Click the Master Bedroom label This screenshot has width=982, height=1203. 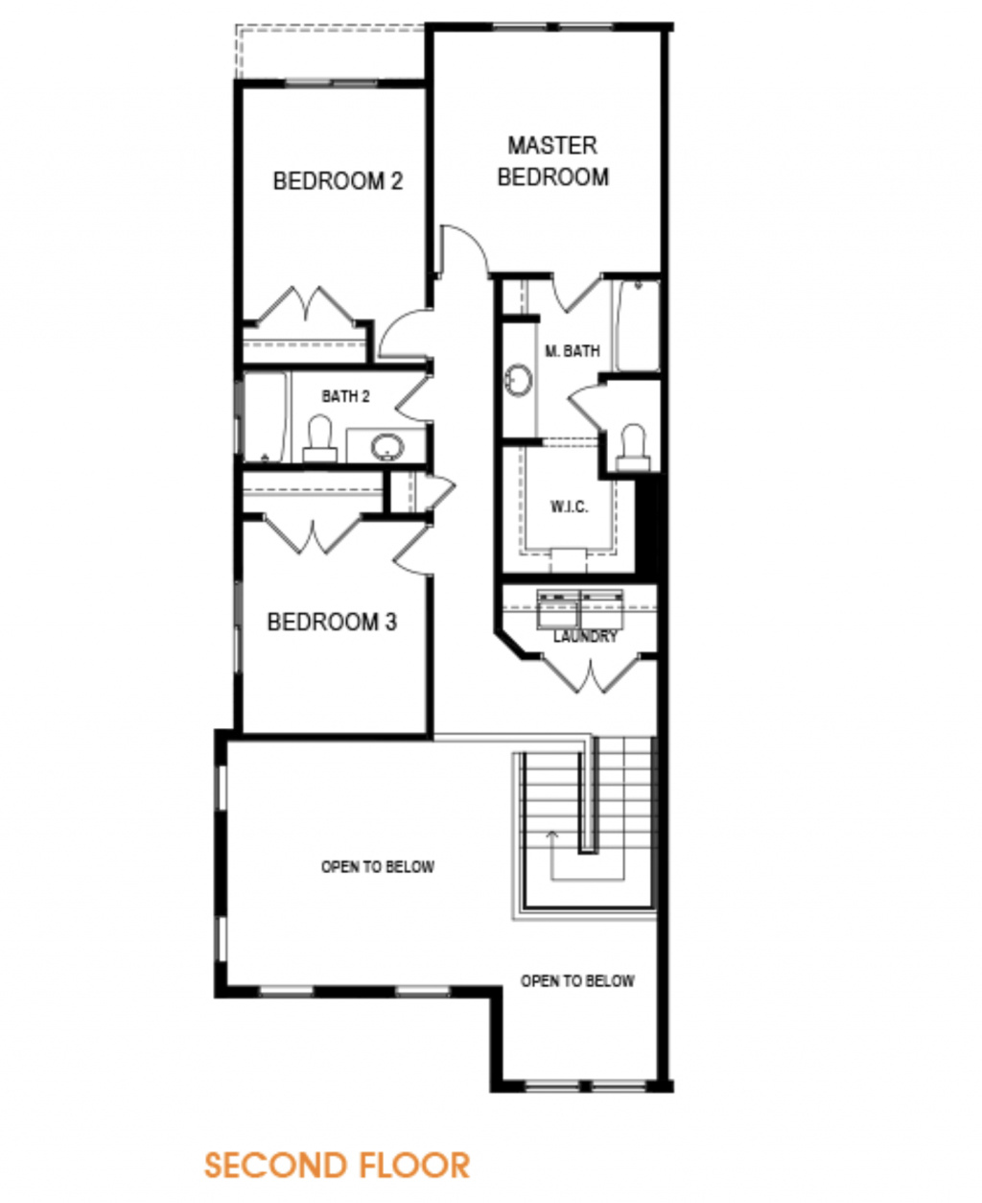pos(552,161)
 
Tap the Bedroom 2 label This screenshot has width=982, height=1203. pos(339,181)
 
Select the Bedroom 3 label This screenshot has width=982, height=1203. pos(332,622)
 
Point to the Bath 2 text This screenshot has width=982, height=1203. pos(345,396)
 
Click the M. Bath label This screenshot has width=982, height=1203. pos(573,351)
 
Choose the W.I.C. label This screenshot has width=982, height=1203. pos(570,507)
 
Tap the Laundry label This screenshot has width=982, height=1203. pos(585,636)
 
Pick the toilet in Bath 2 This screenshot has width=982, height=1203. pos(319,439)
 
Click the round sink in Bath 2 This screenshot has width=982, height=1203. pos(387,447)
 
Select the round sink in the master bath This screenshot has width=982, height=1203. pos(519,379)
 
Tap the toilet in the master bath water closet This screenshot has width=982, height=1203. pos(634,448)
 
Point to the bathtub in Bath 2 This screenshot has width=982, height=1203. pos(266,417)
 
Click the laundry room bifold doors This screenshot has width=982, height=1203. pos(591,674)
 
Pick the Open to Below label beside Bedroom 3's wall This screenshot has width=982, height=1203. pos(378,867)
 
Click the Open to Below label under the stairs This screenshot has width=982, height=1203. pos(577,981)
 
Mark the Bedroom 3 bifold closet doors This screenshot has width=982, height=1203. pos(313,534)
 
